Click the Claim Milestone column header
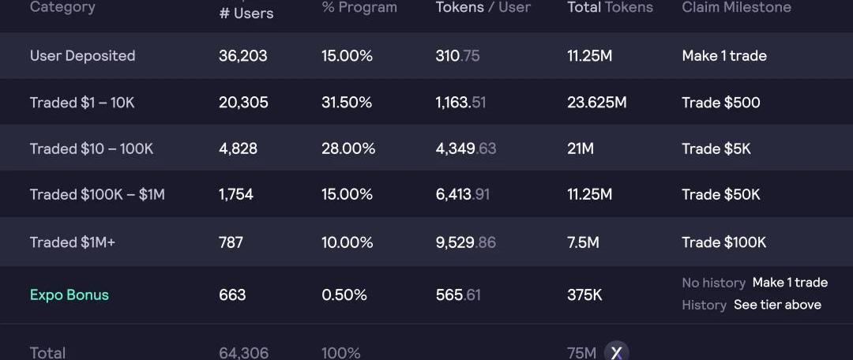click(736, 8)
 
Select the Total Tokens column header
click(610, 8)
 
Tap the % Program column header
click(359, 8)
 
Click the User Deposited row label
click(82, 56)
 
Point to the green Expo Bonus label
click(70, 295)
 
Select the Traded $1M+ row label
click(73, 242)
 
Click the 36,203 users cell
click(243, 56)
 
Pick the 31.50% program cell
click(347, 103)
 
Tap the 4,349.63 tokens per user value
click(466, 148)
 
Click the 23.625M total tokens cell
click(597, 103)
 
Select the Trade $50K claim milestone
click(721, 195)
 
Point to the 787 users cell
click(231, 242)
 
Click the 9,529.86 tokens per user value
click(466, 242)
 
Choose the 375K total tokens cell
click(584, 295)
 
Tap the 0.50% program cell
click(344, 295)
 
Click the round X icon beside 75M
click(616, 351)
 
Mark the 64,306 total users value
click(243, 353)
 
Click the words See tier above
click(777, 305)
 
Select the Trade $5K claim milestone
click(716, 148)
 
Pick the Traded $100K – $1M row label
click(97, 195)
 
